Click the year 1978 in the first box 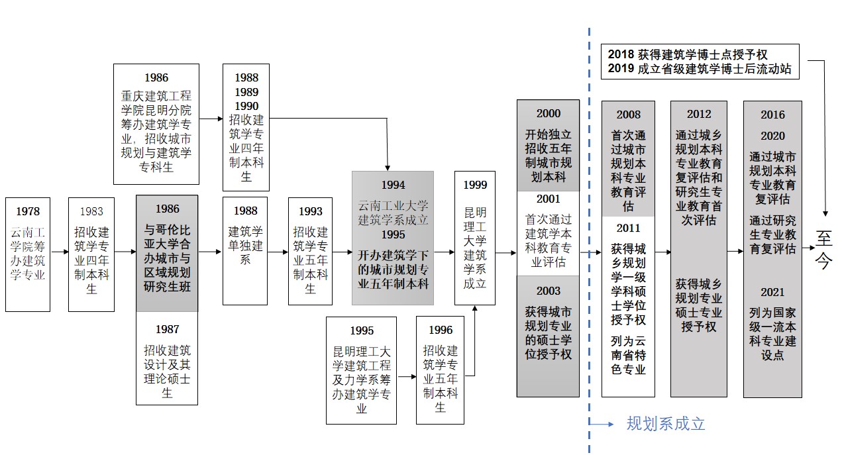28,212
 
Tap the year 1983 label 91,212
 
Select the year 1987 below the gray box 167,329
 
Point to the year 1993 310,212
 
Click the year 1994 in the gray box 393,185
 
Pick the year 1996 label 440,330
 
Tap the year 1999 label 475,185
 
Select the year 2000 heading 548,113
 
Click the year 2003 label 548,291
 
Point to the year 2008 628,115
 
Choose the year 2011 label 628,228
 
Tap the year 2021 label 772,292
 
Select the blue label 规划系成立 666,423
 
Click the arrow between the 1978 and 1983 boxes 60,252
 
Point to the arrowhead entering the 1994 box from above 388,167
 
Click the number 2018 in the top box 621,54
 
